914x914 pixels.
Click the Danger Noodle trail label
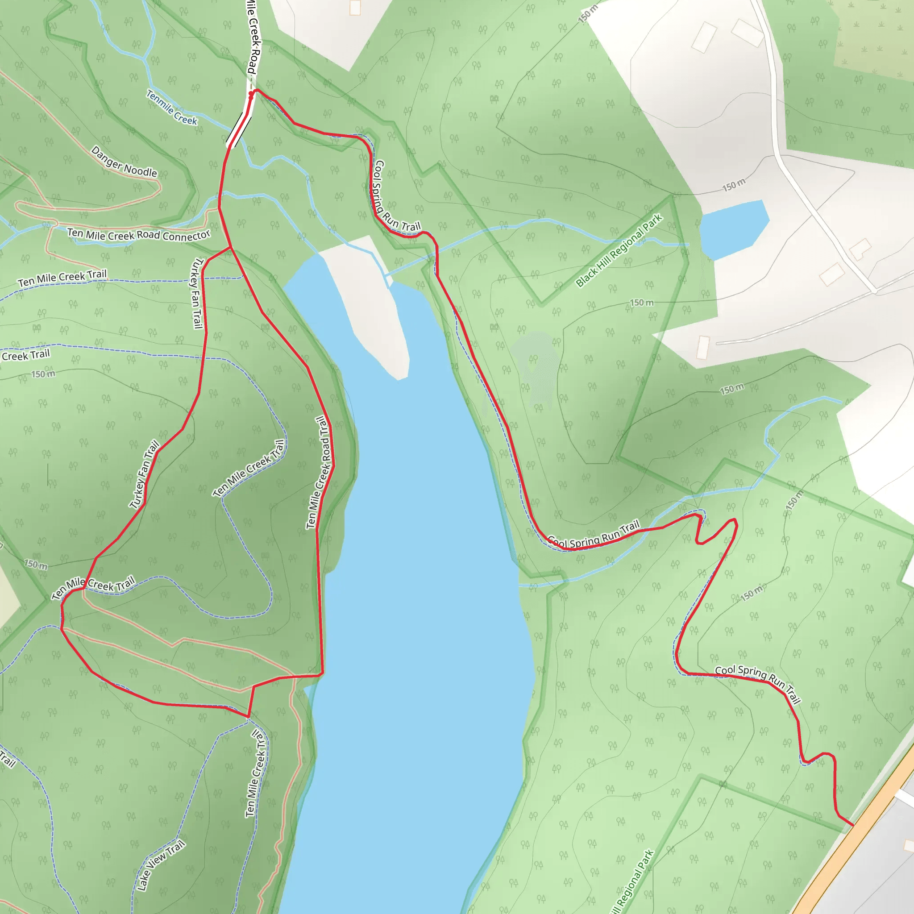click(x=124, y=162)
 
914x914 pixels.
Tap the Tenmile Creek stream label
click(x=171, y=108)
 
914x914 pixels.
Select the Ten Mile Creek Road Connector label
click(x=139, y=235)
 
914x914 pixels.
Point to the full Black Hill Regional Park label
click(x=619, y=251)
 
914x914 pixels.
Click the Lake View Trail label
click(x=160, y=865)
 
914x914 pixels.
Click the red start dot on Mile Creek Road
click(x=251, y=94)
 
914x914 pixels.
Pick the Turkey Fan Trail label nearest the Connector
click(x=196, y=293)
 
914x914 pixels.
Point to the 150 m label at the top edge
click(x=588, y=13)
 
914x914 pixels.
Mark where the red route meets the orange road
click(x=853, y=825)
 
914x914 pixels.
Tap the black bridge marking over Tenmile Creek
click(x=239, y=128)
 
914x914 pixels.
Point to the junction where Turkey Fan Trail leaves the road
click(x=230, y=247)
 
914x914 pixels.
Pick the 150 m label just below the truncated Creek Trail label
click(x=43, y=374)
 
